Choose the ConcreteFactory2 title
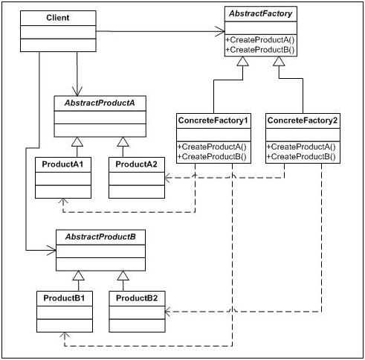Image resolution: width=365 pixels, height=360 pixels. click(301, 119)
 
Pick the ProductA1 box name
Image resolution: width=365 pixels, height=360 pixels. click(62, 163)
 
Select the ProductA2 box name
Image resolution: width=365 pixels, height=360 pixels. click(135, 163)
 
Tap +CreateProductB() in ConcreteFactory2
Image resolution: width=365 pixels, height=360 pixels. click(301, 157)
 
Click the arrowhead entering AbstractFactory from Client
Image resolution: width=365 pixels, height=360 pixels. click(219, 31)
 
